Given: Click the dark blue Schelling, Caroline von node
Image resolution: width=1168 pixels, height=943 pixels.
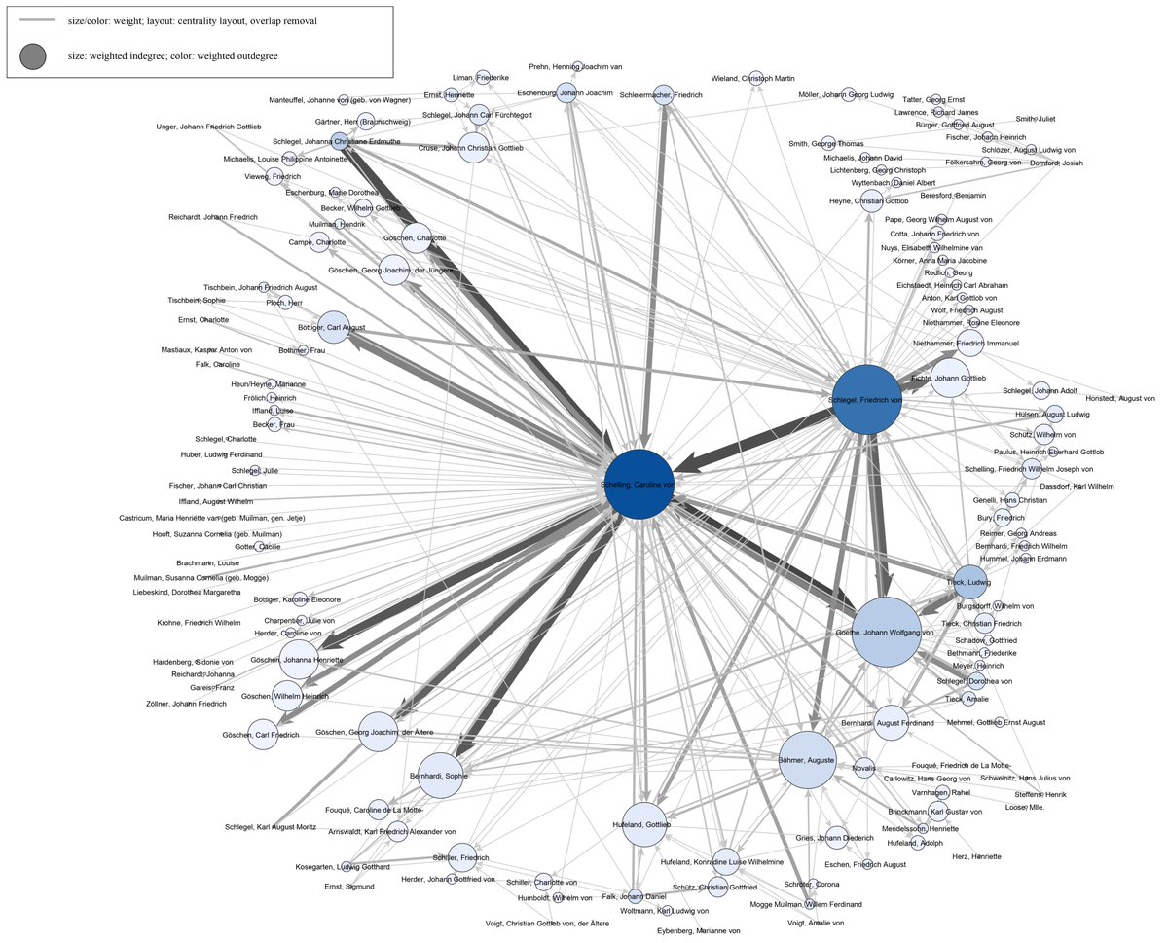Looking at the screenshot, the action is [x=639, y=485].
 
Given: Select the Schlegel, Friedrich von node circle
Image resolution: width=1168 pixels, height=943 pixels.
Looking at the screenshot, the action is [x=868, y=399].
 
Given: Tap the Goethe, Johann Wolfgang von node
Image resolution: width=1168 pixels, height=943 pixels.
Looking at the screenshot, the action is [x=887, y=633].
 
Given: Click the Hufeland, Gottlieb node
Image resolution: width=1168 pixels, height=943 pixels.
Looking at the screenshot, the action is [x=648, y=824].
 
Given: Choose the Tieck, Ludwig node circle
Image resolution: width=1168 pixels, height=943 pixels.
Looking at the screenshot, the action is [x=971, y=582].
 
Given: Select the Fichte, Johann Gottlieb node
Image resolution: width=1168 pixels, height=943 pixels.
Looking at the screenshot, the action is [x=950, y=378].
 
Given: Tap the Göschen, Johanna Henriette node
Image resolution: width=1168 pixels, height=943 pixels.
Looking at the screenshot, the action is [x=299, y=659].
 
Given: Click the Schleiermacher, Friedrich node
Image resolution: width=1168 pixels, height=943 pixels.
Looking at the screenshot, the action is [x=663, y=95].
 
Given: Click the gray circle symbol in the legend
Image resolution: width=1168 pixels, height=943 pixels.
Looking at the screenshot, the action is [x=32, y=56].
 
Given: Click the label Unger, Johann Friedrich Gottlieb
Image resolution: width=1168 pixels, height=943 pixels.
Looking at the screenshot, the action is [x=208, y=127].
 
